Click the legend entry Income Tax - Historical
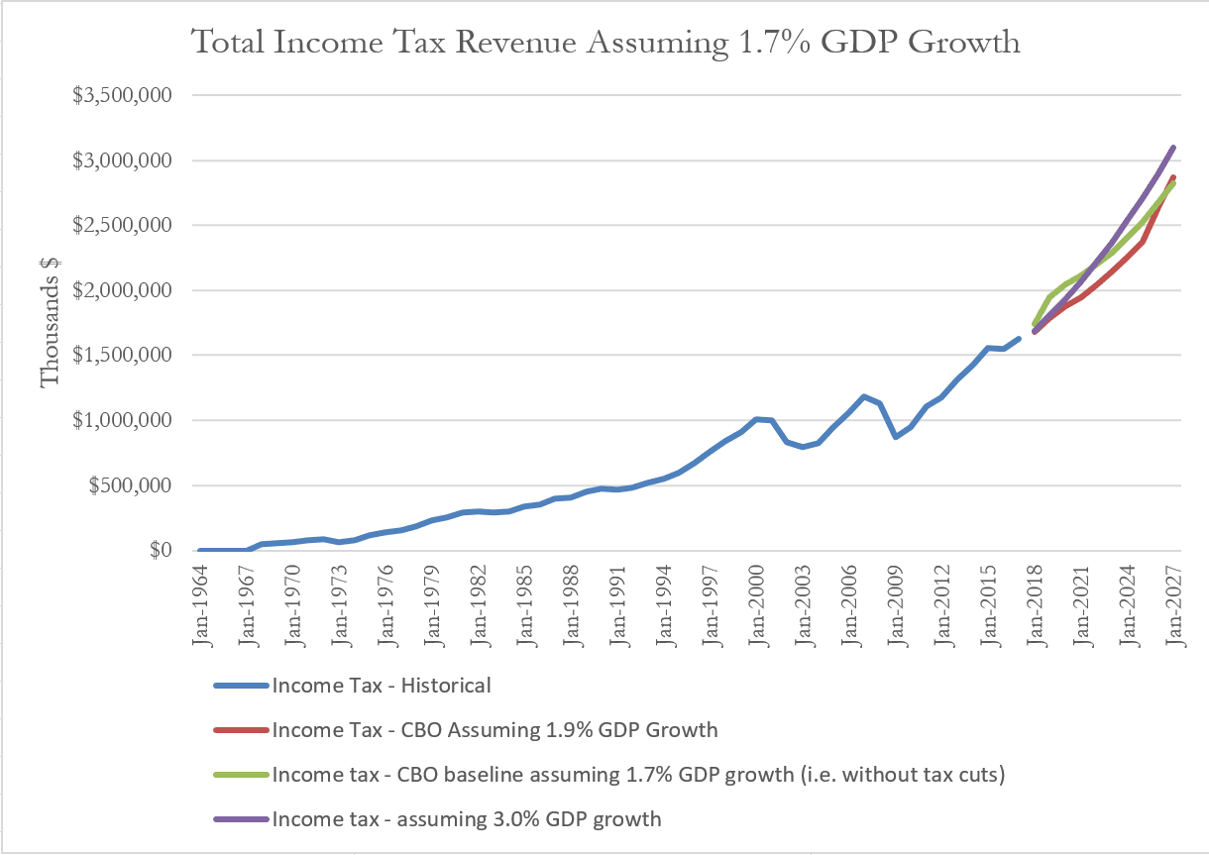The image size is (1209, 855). pos(382,685)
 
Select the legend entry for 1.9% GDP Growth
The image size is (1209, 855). pos(495,731)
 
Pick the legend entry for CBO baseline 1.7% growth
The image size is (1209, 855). pos(638,775)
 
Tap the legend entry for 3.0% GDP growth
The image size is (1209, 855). pos(466,819)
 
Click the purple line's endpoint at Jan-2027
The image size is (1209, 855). pos(1174,147)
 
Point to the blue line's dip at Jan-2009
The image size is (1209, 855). pos(896,437)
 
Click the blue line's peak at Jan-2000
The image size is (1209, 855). pos(758,419)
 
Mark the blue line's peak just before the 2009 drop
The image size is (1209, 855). pos(865,396)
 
